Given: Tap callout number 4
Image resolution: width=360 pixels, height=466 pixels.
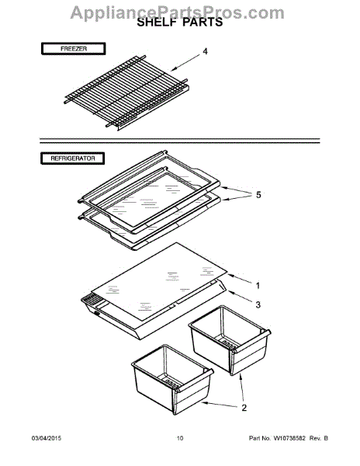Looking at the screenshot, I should pyautogui.click(x=206, y=53).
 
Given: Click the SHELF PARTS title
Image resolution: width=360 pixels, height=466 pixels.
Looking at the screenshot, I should pyautogui.click(x=179, y=23).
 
